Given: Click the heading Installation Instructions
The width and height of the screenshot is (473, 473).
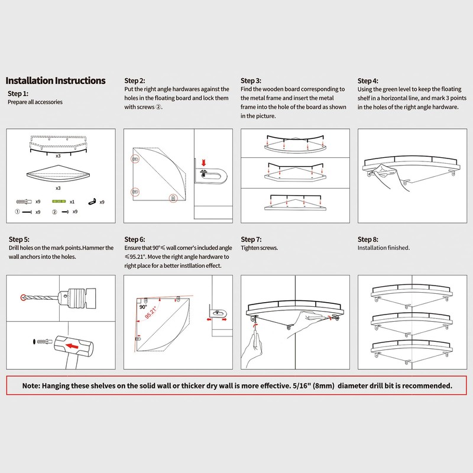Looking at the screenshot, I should click(x=56, y=80).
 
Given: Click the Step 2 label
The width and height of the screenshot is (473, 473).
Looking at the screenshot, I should click(x=134, y=80).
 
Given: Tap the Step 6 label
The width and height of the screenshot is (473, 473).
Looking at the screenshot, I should click(x=134, y=239).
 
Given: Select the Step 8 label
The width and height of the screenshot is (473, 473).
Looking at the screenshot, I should click(x=368, y=239).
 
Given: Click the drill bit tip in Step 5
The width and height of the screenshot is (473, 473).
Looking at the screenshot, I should click(x=24, y=296).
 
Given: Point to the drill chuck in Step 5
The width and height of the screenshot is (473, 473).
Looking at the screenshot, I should click(x=77, y=296).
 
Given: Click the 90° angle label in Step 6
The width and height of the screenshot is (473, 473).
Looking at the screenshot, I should click(x=142, y=307).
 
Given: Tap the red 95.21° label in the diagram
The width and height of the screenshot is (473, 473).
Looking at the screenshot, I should click(x=152, y=313).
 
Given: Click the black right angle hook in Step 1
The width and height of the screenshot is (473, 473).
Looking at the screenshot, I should click(x=92, y=202).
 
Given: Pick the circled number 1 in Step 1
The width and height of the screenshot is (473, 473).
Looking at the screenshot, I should click(x=17, y=212).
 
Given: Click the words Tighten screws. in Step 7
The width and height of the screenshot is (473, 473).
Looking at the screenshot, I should click(x=260, y=248).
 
